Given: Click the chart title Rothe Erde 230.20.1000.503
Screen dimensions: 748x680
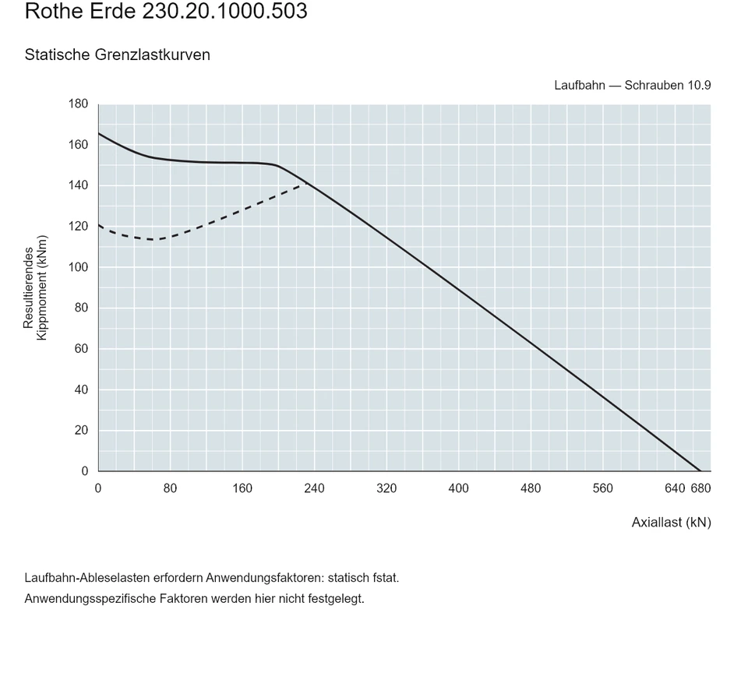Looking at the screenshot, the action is click(166, 11).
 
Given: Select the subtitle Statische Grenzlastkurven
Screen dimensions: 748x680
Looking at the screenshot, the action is click(118, 55).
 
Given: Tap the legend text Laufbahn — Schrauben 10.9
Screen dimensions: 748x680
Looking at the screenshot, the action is click(633, 86).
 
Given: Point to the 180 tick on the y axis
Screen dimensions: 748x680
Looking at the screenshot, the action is click(78, 104).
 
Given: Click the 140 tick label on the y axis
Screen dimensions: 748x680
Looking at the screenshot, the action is click(78, 185).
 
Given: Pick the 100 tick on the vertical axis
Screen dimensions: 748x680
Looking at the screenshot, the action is click(78, 267).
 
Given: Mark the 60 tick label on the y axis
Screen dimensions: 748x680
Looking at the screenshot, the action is click(81, 349).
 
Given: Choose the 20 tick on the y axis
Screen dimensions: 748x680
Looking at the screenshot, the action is click(81, 430).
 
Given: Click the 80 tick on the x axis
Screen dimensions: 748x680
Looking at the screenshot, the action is click(171, 488).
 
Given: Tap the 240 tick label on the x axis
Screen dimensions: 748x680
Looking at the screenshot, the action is click(314, 488).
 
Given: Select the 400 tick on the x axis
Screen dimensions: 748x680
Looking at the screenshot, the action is click(458, 488).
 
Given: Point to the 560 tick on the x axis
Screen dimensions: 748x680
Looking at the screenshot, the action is click(602, 488).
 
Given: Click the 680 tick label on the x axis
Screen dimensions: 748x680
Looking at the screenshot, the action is click(700, 488).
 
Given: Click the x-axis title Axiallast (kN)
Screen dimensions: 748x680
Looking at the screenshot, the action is click(671, 523).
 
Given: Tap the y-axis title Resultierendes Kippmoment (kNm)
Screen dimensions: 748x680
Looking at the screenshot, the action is click(35, 287).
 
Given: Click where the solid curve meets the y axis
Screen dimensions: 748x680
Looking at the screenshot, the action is click(99, 133).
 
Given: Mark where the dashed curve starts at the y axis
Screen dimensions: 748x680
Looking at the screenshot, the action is click(99, 224).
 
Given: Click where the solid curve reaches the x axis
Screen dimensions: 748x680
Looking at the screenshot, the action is click(700, 471).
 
